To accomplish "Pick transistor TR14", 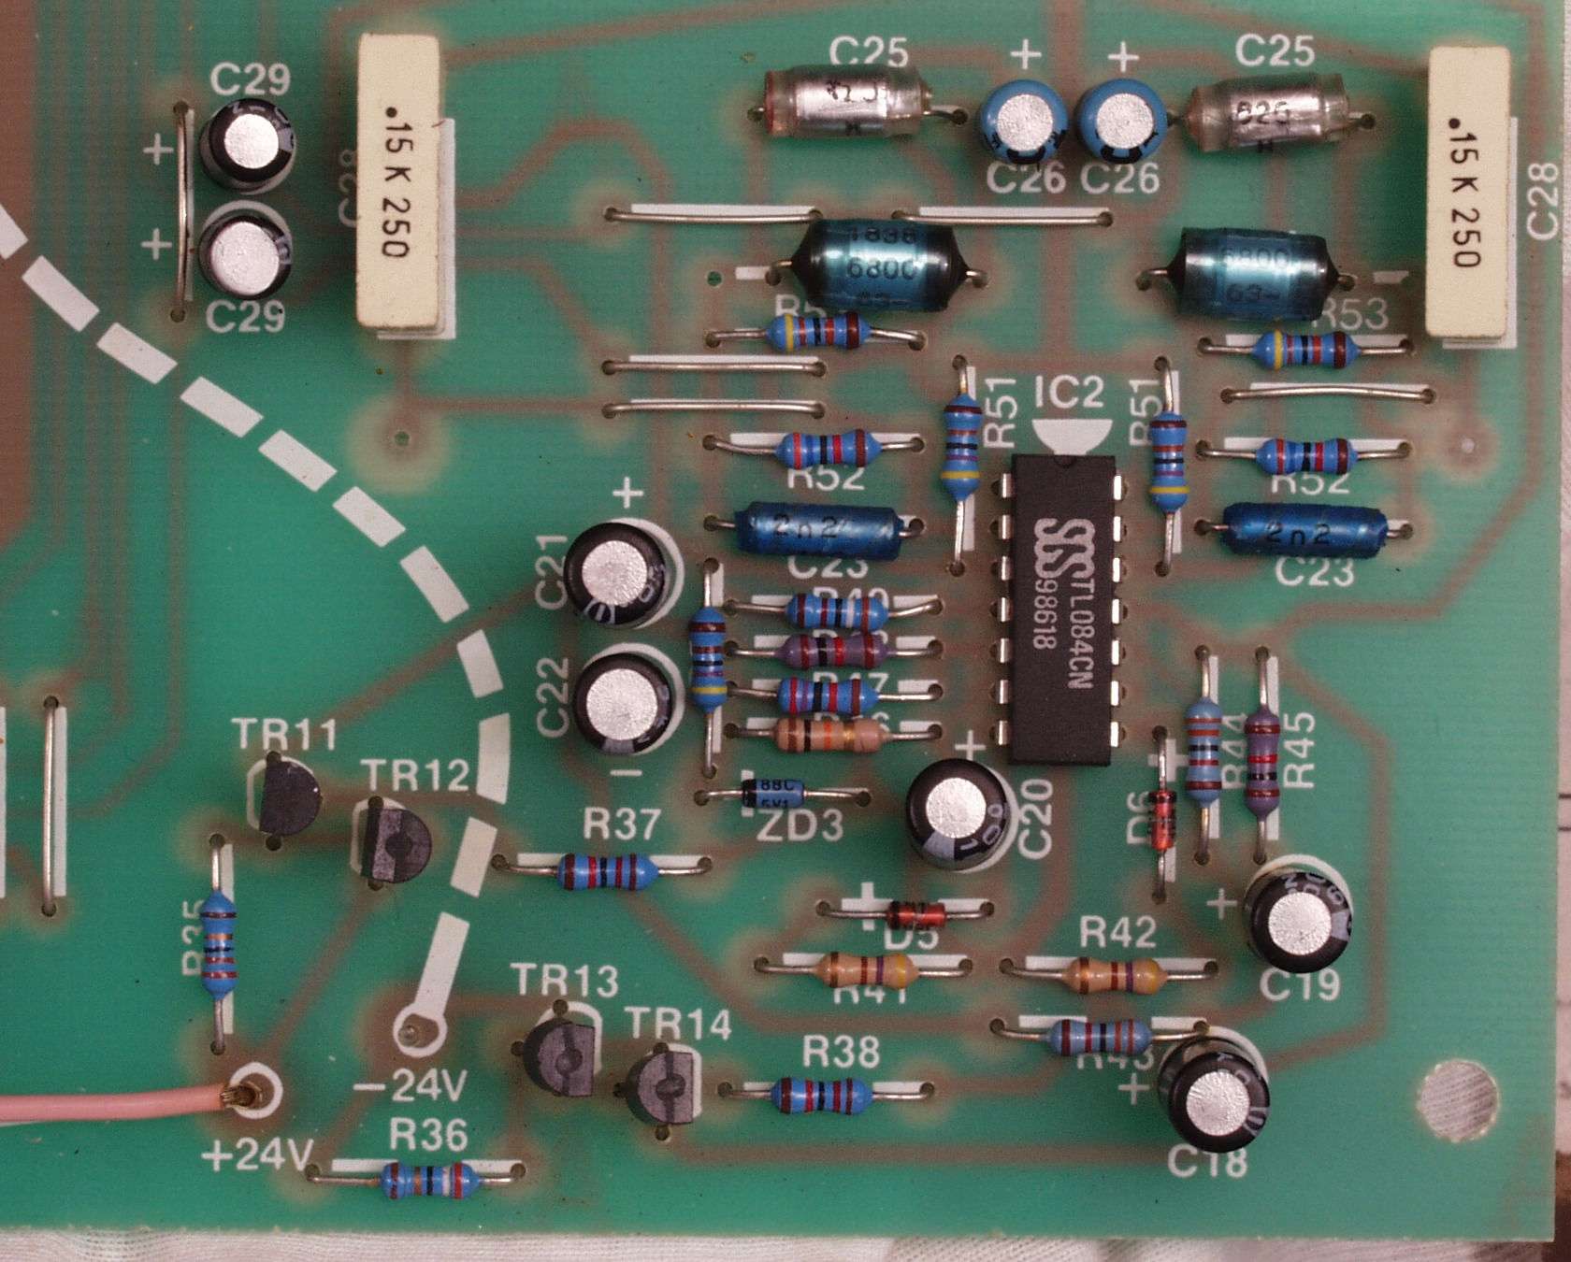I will tap(664, 1084).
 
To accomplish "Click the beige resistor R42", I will tap(1112, 975).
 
